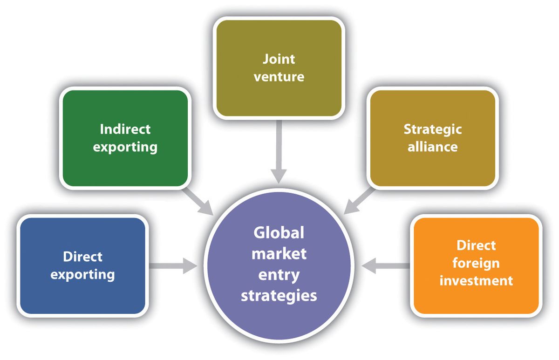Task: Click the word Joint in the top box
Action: (279, 59)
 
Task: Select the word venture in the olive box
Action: (279, 76)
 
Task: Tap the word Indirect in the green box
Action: (125, 129)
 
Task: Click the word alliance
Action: (432, 146)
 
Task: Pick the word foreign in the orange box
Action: (476, 263)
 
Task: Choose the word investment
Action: (476, 280)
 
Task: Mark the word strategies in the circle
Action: (279, 295)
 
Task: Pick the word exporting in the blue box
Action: (82, 274)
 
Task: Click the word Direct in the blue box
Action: (82, 257)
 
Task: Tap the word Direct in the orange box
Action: (476, 245)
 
